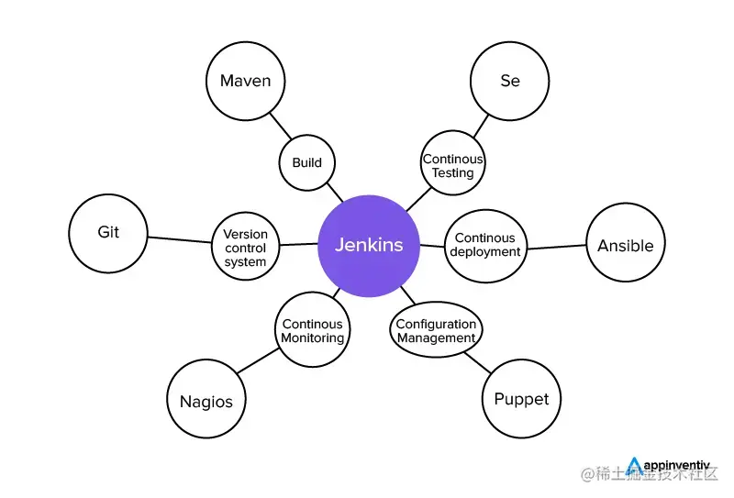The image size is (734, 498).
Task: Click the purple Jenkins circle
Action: pos(368,246)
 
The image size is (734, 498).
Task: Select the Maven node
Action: pos(245,81)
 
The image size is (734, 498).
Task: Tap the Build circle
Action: pos(307,162)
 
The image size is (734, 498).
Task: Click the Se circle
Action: pos(509,81)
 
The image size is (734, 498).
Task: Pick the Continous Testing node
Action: pos(453,165)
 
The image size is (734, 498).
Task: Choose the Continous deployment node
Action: pos(485,245)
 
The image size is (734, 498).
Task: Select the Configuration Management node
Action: pos(437,330)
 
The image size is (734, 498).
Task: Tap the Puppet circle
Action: pos(521,399)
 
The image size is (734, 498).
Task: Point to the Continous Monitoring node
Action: pos(312,330)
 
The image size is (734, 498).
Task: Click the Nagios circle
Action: pos(206,400)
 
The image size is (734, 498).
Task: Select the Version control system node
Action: pos(245,248)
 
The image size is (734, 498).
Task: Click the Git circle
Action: pos(108,232)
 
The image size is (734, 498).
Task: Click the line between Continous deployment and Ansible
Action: pos(556,247)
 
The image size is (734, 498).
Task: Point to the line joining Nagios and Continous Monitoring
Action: pos(257,361)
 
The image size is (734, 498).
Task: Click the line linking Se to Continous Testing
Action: pos(480,125)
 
